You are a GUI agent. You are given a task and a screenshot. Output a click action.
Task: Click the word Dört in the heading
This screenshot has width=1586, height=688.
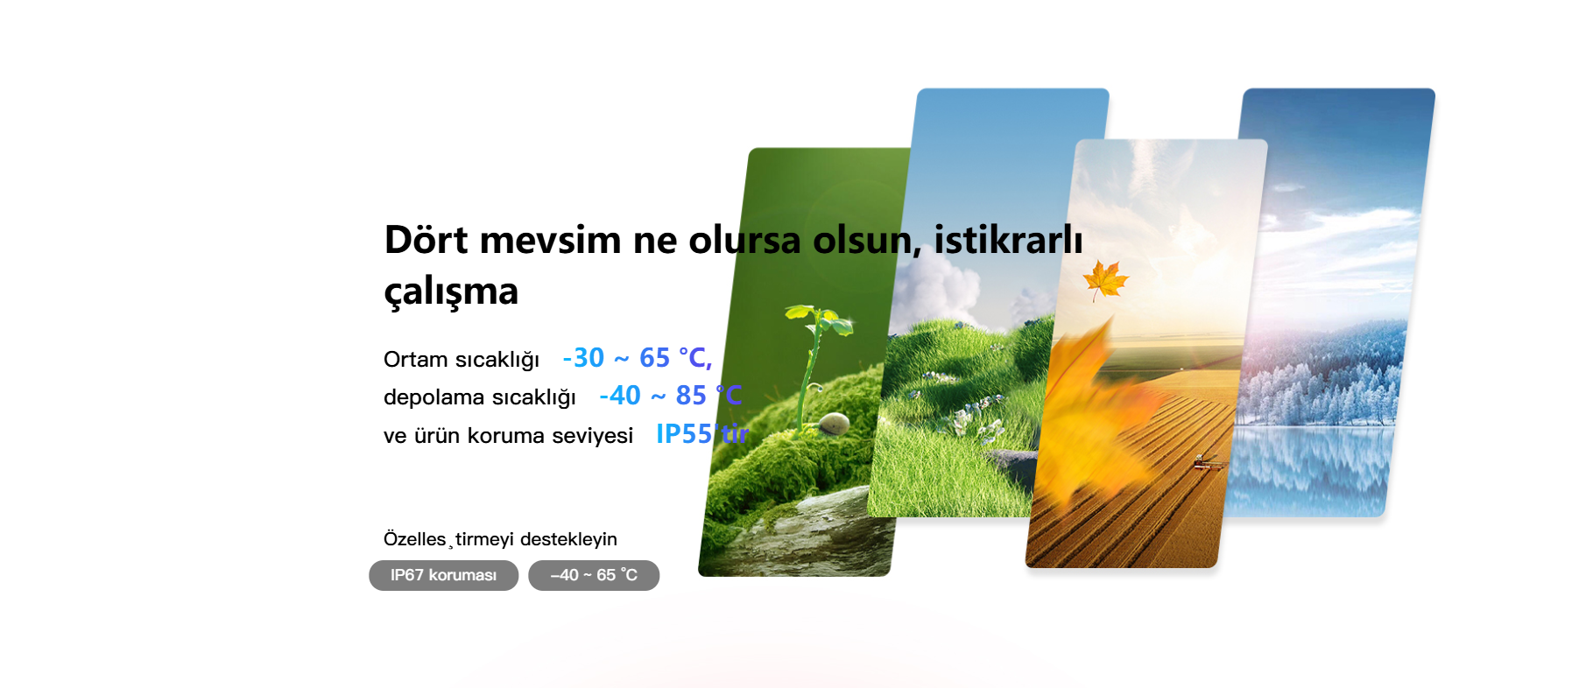coord(426,240)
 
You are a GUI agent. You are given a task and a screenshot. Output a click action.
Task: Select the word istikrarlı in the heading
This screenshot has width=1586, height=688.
coord(1008,240)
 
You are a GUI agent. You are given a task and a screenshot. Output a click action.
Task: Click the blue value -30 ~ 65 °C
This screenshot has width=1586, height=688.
coord(637,358)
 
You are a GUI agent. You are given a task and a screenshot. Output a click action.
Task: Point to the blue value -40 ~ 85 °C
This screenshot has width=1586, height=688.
coord(670,396)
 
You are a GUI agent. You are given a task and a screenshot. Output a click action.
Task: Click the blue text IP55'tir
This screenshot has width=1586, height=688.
coord(702,434)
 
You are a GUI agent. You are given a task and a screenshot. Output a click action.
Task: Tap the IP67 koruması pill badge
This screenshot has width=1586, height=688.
coord(443,575)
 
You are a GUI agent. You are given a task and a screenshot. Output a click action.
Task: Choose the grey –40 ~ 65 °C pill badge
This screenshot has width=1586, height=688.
coord(594,575)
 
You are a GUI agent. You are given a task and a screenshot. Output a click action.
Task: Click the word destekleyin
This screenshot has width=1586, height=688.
coord(568,539)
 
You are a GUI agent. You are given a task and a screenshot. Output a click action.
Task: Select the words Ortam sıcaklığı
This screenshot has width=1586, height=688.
coord(462,360)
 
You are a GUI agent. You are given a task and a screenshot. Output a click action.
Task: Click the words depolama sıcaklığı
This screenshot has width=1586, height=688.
coord(480,397)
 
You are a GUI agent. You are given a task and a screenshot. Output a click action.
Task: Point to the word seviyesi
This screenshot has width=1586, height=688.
coord(592,436)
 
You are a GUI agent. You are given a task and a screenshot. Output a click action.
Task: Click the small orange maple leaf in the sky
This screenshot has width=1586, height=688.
coord(1104,280)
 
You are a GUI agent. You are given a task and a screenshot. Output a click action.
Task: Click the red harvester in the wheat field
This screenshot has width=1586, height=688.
coord(1209,463)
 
